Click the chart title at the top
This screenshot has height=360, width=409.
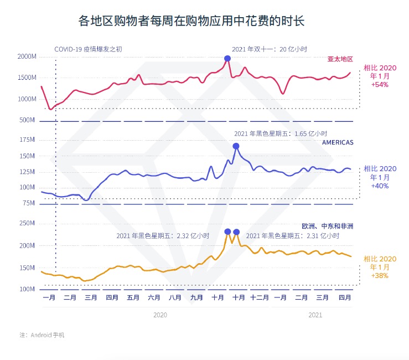191,21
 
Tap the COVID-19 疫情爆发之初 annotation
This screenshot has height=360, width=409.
88,49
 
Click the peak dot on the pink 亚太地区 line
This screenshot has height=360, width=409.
227,59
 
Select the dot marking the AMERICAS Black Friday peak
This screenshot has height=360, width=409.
236,146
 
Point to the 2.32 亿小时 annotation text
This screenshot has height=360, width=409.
163,235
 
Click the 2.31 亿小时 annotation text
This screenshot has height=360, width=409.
292,235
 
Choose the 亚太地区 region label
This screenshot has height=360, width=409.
340,59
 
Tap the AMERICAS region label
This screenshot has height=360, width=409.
338,142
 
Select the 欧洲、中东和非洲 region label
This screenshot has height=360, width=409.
328,226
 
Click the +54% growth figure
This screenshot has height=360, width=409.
380,85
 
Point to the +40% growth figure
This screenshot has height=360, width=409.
380,186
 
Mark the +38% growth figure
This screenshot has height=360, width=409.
380,276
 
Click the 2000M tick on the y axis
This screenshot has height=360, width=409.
27,57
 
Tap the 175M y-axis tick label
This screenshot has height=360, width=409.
27,140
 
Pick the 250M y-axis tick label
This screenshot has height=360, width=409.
27,223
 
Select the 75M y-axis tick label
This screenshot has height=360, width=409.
28,203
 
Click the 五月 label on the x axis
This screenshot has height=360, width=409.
133,297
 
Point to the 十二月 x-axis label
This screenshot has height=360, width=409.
259,297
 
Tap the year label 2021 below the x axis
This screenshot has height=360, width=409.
315,315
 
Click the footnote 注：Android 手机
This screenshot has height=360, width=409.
42,335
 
